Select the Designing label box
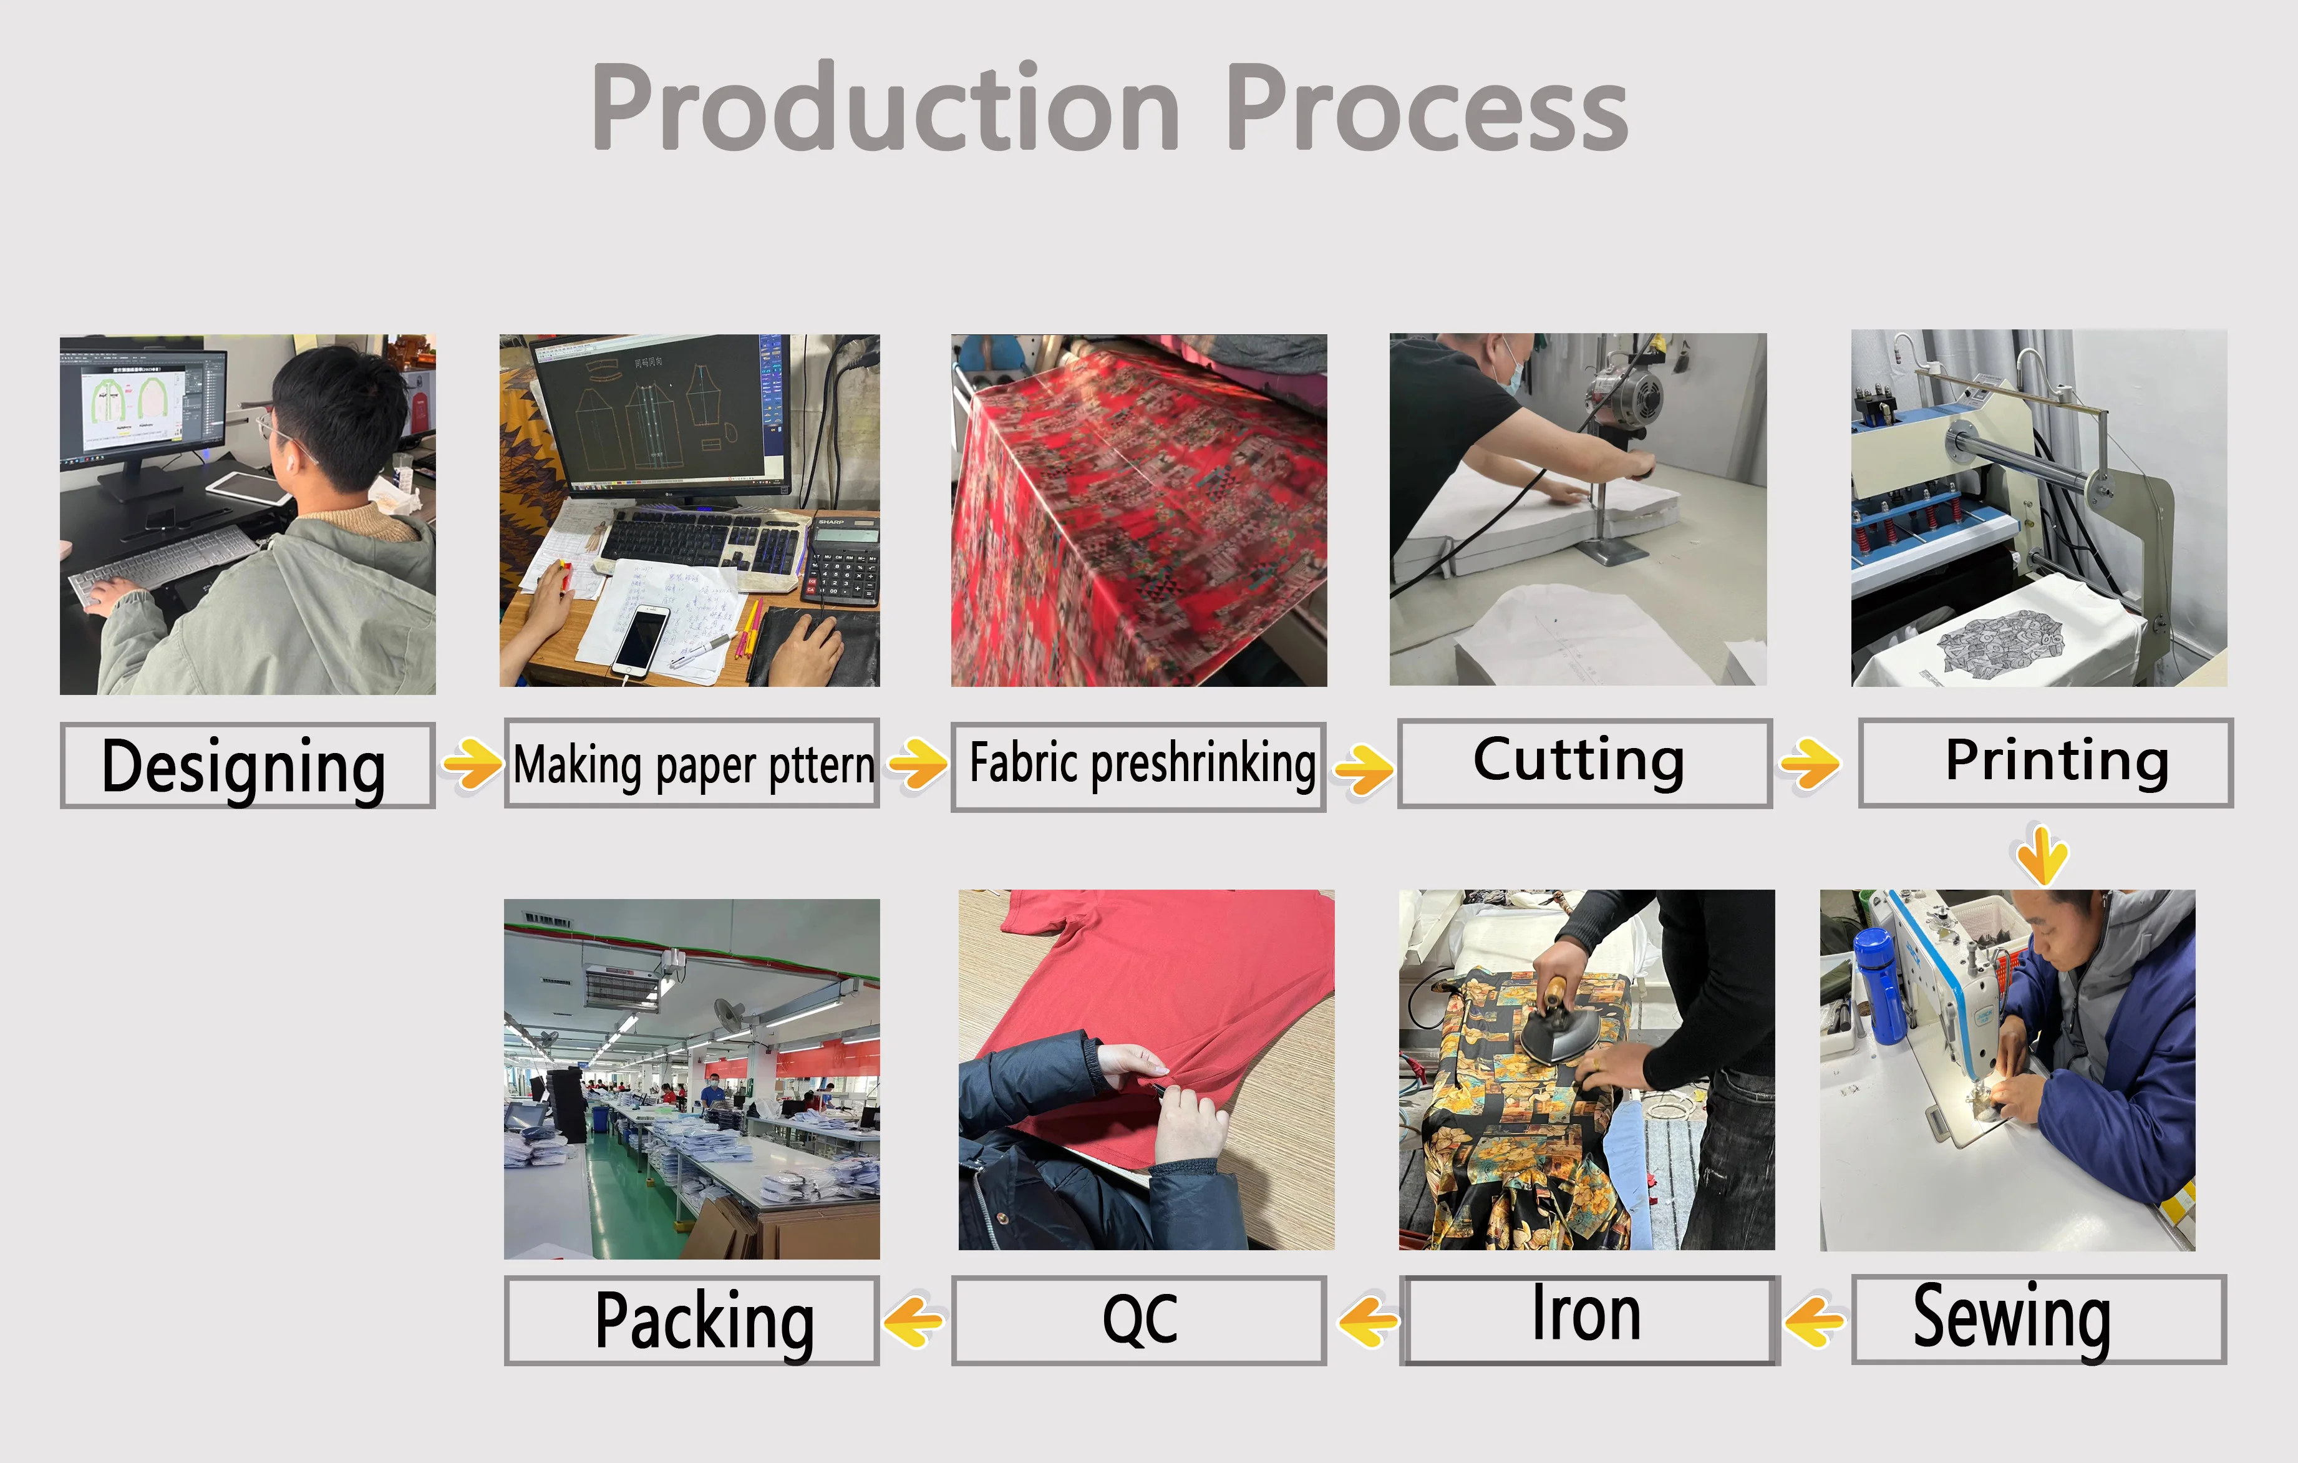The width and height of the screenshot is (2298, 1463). [x=247, y=766]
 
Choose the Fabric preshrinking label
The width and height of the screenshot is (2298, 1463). [x=1138, y=766]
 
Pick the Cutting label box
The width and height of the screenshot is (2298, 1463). [x=1585, y=764]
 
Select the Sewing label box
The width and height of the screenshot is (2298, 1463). [x=2039, y=1319]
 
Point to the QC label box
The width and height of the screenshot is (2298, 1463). [x=1138, y=1321]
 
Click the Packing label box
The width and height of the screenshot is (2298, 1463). [x=691, y=1321]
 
